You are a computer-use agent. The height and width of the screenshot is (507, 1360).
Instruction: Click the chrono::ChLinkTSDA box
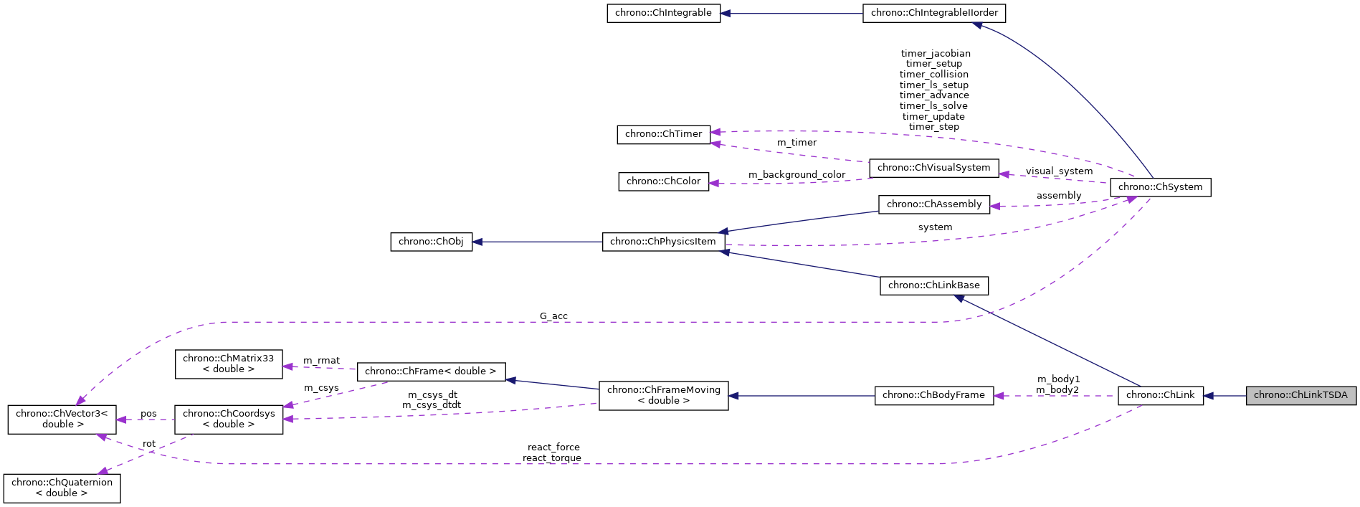1300,395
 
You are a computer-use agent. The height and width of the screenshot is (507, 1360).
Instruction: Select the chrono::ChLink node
1160,395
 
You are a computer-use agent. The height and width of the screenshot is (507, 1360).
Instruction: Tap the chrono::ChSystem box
1160,187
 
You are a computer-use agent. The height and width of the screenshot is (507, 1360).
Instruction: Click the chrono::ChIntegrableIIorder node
934,13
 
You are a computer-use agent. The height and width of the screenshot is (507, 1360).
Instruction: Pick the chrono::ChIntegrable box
663,13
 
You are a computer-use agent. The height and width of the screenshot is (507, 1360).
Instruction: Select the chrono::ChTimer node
663,134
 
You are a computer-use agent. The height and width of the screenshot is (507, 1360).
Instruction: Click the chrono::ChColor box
663,181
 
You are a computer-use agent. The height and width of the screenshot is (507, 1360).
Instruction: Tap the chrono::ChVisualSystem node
933,168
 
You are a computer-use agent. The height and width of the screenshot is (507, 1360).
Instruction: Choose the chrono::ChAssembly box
934,204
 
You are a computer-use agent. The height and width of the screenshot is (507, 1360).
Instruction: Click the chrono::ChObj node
431,242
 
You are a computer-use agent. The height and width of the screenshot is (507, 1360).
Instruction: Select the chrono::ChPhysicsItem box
663,242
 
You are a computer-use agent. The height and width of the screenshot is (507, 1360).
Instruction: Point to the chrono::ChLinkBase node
933,285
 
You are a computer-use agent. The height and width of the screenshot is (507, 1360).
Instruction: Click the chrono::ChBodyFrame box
933,395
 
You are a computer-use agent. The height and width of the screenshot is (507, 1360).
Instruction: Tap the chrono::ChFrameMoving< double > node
663,395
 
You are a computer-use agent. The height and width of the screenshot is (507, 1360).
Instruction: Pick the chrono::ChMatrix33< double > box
229,364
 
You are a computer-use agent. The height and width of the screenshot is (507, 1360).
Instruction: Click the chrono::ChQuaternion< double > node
62,488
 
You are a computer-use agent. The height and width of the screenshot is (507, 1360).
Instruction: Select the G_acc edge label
553,316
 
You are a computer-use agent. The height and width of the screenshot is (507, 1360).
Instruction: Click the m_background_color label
796,175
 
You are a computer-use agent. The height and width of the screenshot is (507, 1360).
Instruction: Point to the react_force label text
553,447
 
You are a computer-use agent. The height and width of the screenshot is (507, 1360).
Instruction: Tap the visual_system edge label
1059,171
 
